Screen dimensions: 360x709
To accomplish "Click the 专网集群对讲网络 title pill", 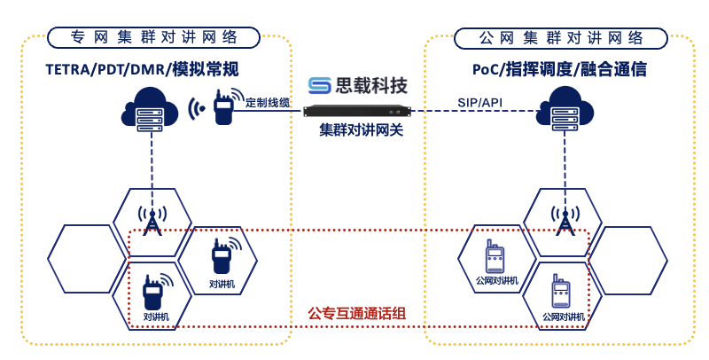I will (x=153, y=37).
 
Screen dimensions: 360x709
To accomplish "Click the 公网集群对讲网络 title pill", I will (x=561, y=37).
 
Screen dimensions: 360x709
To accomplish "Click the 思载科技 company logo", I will (x=358, y=85).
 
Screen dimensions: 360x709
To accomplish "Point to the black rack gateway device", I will (x=358, y=112).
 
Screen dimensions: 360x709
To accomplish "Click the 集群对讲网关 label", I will (x=358, y=129).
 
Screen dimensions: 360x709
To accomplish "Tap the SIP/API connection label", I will (x=479, y=102).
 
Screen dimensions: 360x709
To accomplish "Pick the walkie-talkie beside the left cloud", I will (x=222, y=108).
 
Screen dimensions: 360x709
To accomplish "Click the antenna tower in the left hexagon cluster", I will (x=152, y=221).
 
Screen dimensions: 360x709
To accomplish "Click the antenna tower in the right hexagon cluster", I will (x=561, y=221).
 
